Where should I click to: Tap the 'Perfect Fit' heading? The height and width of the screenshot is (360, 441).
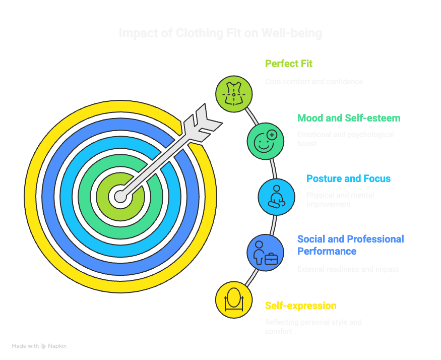[289, 64]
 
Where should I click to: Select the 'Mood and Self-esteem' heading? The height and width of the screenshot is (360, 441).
[349, 118]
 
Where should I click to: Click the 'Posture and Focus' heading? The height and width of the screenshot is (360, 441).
[349, 178]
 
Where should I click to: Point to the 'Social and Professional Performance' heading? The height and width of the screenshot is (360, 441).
[350, 245]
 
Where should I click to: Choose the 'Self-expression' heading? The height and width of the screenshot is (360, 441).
[301, 306]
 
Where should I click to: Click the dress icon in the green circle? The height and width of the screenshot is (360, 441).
[234, 93]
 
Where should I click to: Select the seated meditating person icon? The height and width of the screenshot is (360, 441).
[276, 197]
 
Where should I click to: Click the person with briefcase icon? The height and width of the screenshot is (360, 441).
[265, 253]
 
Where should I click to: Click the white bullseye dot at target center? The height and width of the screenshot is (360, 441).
[120, 197]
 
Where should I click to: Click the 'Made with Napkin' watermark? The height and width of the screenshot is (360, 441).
[39, 346]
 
